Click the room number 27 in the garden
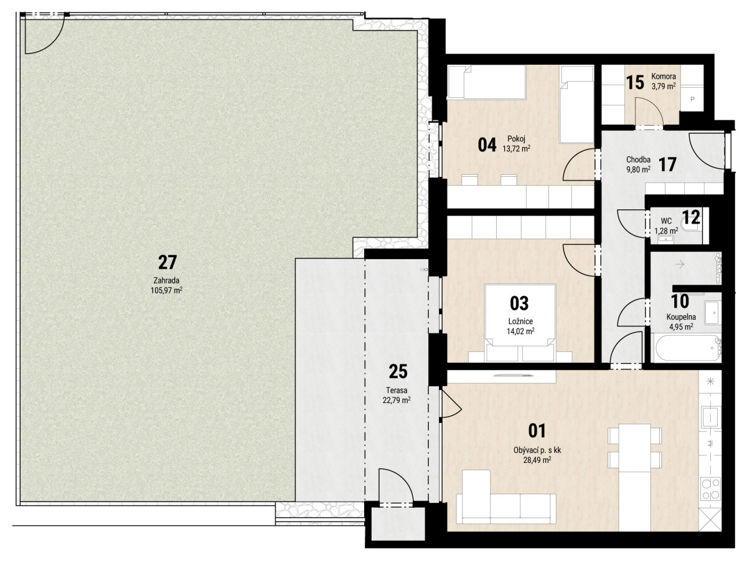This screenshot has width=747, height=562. (167, 262)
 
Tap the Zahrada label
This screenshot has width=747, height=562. (166, 280)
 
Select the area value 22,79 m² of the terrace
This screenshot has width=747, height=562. (397, 400)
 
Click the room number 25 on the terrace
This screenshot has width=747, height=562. (398, 371)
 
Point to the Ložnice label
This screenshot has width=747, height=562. (520, 321)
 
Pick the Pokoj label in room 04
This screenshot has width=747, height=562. (516, 138)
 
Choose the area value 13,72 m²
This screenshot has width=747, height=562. (516, 148)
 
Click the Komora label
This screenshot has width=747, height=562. (664, 76)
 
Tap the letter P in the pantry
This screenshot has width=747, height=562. (692, 100)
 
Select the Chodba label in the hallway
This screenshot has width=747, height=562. (639, 160)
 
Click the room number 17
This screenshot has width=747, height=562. (667, 164)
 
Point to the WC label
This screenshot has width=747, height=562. (666, 221)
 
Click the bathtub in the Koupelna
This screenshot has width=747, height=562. (686, 348)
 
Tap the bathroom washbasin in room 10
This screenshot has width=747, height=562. (712, 312)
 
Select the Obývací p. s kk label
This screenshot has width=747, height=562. (537, 450)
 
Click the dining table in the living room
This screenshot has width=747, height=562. (635, 447)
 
